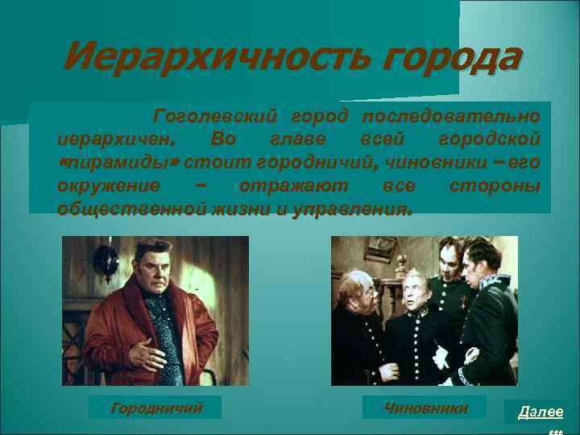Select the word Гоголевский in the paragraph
click(x=211, y=117)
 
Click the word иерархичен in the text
click(x=106, y=140)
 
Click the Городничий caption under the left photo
click(x=155, y=408)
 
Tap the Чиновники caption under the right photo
click(x=426, y=408)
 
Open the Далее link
click(x=540, y=412)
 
